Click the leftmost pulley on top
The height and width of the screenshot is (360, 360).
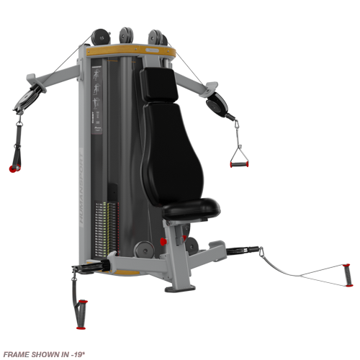(98, 36)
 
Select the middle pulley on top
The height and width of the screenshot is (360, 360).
(125, 35)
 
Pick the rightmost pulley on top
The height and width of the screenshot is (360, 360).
(156, 37)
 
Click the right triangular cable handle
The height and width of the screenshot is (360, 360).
(238, 154)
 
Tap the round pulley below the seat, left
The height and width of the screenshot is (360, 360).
(143, 249)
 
